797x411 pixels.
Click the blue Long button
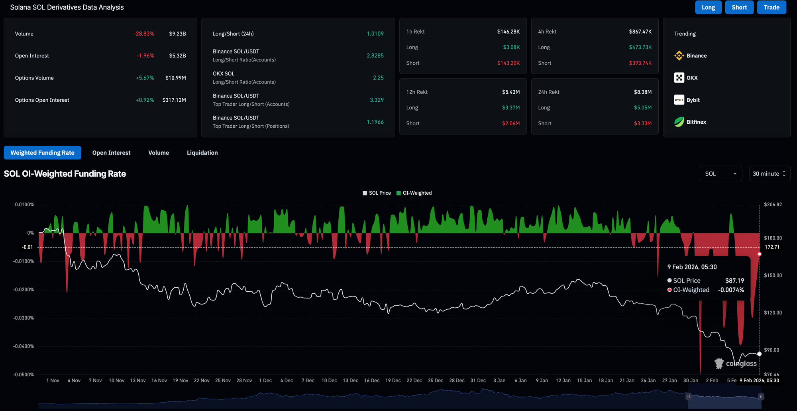pyautogui.click(x=708, y=7)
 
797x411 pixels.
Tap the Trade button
pyautogui.click(x=771, y=7)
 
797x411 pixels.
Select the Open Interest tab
pyautogui.click(x=111, y=153)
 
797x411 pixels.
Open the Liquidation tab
pyautogui.click(x=202, y=153)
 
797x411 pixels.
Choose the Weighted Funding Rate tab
pyautogui.click(x=42, y=153)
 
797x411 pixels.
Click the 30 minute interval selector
pyautogui.click(x=769, y=174)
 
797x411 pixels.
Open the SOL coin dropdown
pyautogui.click(x=721, y=174)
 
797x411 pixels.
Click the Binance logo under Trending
pyautogui.click(x=679, y=56)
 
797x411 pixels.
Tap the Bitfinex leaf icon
pyautogui.click(x=679, y=122)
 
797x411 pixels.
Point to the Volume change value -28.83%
pyautogui.click(x=144, y=34)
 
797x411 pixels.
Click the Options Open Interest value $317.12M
pyautogui.click(x=174, y=100)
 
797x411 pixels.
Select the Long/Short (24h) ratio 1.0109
pyautogui.click(x=375, y=34)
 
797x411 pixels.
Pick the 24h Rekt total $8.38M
pyautogui.click(x=643, y=92)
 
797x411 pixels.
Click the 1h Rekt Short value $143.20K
pyautogui.click(x=508, y=63)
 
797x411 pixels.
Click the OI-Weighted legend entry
pyautogui.click(x=414, y=193)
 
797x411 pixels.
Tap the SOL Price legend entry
pyautogui.click(x=377, y=193)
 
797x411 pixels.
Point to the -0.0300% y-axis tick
pyautogui.click(x=24, y=318)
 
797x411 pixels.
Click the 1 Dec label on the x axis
pyautogui.click(x=265, y=381)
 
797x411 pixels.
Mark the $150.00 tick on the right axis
pyautogui.click(x=773, y=275)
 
